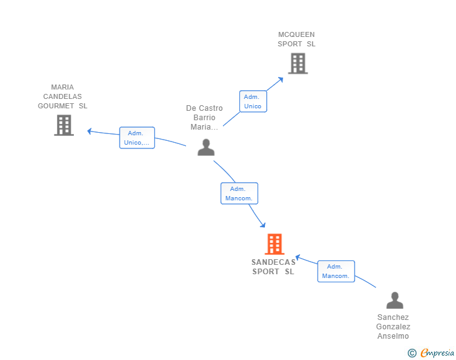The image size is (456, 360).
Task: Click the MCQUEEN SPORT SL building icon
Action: [298, 63]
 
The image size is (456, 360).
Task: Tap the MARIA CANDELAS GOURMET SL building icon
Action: [64, 125]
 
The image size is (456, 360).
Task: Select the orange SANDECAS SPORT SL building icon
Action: [274, 244]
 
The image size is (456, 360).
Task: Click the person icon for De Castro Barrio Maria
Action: [206, 147]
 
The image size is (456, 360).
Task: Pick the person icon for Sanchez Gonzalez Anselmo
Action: [395, 301]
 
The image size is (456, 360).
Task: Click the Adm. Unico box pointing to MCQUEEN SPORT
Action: [253, 101]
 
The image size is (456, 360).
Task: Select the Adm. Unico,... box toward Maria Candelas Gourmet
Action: [137, 138]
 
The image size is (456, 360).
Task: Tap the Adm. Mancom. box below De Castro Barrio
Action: [239, 193]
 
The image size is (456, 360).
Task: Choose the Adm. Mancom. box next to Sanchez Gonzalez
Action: [336, 271]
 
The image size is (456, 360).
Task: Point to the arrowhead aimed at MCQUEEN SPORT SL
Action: [281, 79]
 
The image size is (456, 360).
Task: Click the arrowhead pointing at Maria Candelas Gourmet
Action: [90, 131]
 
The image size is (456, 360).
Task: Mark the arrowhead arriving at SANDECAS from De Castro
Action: [263, 225]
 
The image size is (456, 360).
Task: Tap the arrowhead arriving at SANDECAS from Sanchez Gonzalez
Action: [298, 257]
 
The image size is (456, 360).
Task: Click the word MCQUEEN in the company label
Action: [296, 34]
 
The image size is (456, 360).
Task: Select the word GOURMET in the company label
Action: [56, 106]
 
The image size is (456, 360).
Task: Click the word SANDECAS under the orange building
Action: [273, 262]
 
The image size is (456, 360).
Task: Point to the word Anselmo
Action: [393, 336]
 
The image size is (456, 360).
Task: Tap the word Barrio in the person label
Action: [204, 118]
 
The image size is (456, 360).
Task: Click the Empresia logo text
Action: [437, 352]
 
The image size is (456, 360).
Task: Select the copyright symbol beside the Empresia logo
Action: [412, 353]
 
